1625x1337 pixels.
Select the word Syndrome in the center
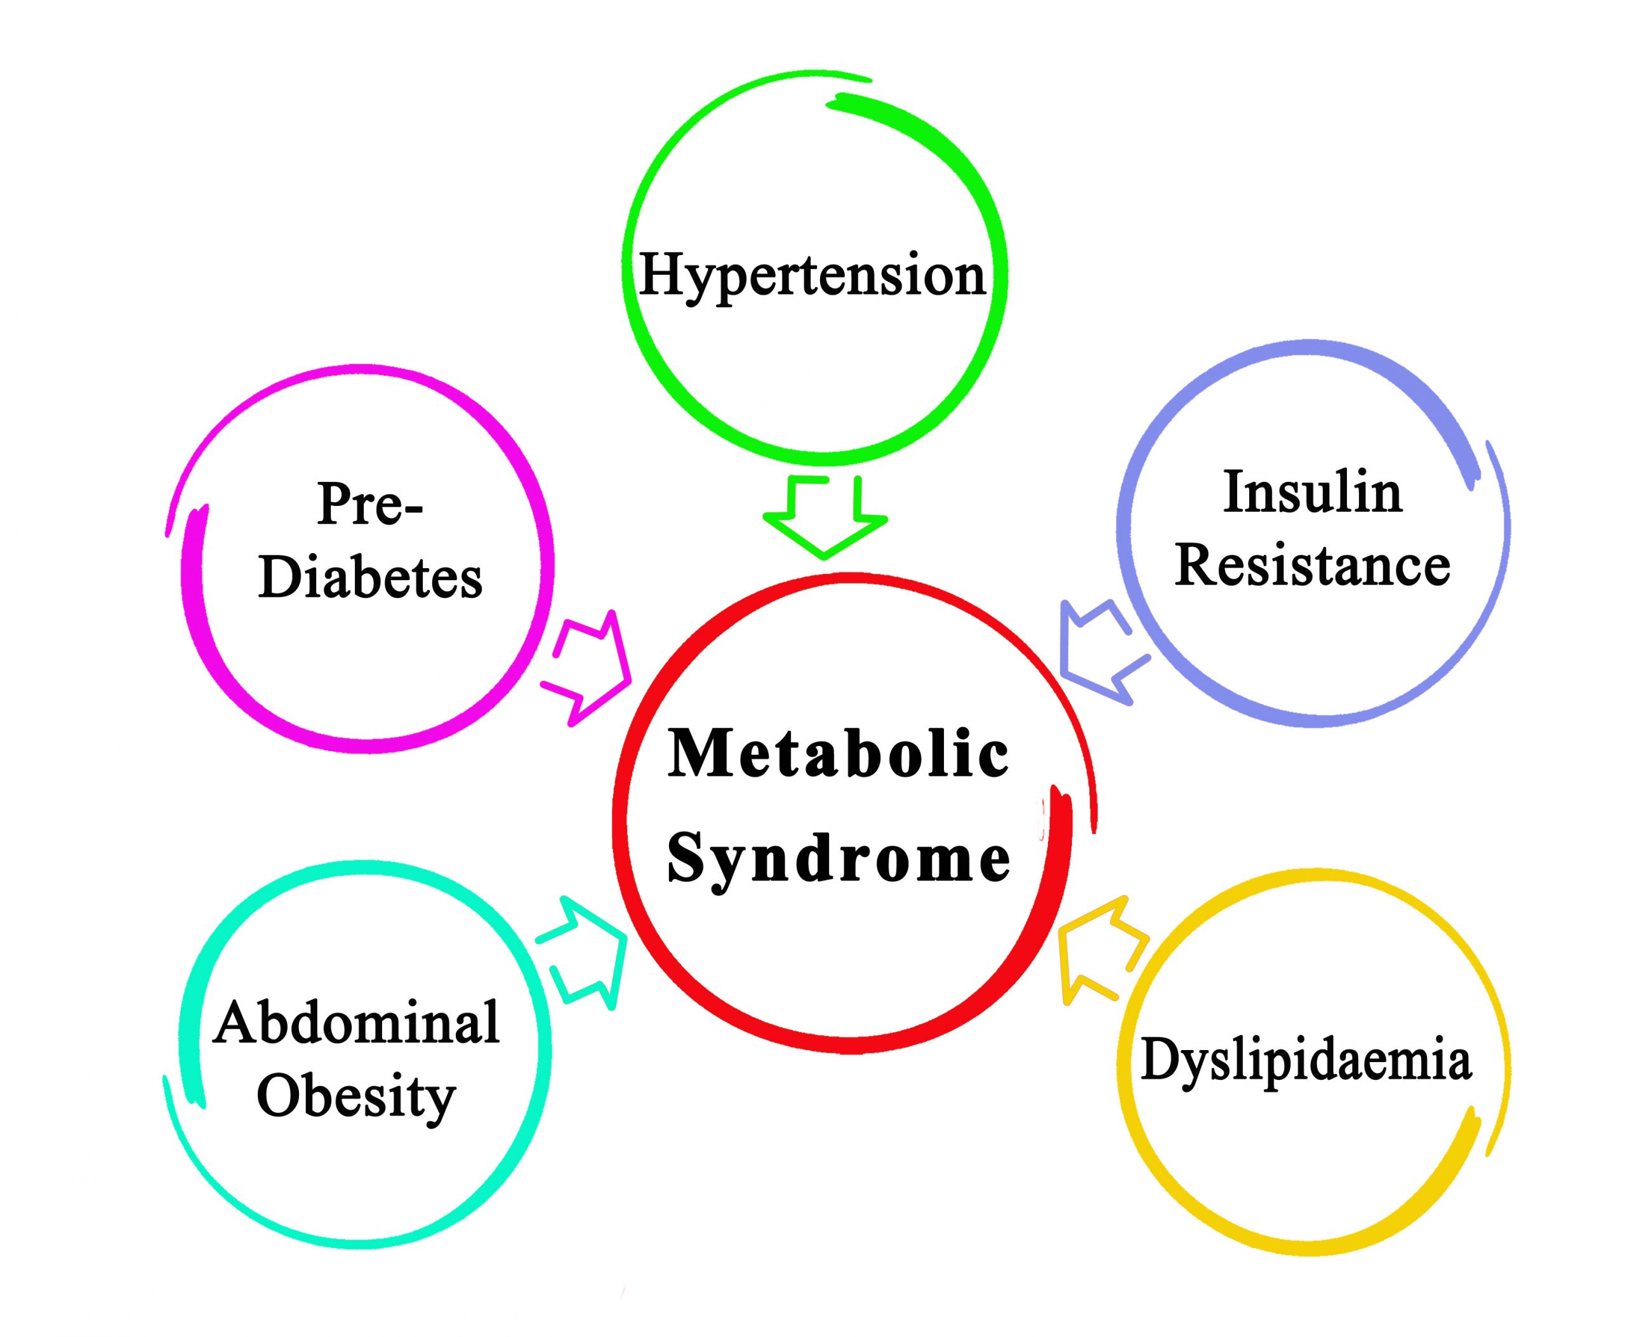[x=839, y=860]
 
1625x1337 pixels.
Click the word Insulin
[x=1312, y=491]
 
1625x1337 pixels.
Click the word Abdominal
[x=357, y=1023]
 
